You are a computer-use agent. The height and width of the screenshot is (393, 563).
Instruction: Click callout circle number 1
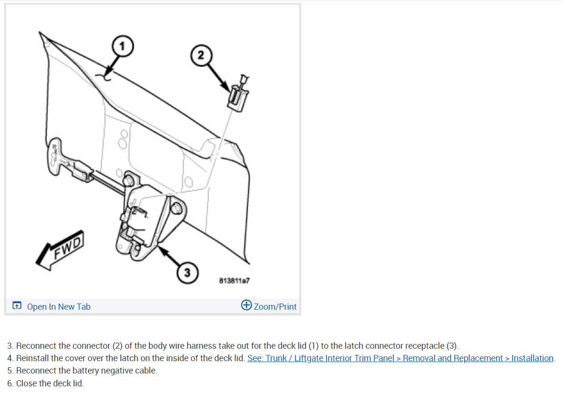[122, 46]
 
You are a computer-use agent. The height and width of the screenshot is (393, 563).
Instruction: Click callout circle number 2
[201, 55]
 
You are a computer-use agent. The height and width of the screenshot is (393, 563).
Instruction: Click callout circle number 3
[187, 273]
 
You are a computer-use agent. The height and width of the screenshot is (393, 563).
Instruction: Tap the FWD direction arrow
[61, 250]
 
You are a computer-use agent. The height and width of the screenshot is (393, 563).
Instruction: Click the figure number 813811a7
[234, 281]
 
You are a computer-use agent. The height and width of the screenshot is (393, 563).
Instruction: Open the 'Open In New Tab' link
[58, 307]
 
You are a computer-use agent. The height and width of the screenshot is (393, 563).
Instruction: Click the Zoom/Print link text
[275, 307]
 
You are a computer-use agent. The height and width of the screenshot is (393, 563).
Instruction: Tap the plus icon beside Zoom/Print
[246, 305]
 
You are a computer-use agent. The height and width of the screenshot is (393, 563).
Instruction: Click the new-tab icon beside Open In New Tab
[17, 306]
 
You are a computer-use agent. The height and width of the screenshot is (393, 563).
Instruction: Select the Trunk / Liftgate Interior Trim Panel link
[400, 358]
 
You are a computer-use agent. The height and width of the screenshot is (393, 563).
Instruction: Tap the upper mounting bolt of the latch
[128, 180]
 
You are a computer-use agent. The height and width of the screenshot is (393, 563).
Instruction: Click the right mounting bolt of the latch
[176, 208]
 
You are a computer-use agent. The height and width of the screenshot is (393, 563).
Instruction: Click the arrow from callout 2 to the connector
[218, 78]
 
